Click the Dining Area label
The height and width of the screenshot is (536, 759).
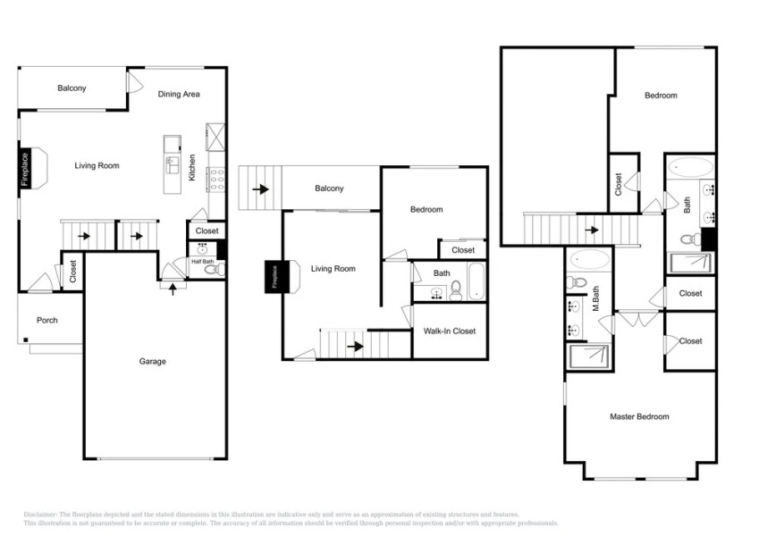pos(179,94)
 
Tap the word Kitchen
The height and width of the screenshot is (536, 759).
pos(192,167)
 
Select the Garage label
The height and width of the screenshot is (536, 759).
pos(153,362)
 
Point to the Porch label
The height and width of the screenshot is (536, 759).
pos(46,321)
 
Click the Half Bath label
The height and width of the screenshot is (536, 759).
pos(201,262)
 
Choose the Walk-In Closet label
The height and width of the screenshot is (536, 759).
pos(450,331)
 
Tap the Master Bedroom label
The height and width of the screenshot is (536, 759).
pos(639,416)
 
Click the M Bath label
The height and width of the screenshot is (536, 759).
pos(594,304)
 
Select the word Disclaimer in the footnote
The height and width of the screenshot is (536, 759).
pos(39,515)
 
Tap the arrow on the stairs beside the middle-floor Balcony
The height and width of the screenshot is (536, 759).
pos(261,189)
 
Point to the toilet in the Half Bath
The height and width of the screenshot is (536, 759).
pos(211,270)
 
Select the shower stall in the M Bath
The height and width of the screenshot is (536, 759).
pos(589,356)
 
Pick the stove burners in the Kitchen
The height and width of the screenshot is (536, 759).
pos(215,180)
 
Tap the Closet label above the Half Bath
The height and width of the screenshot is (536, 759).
pos(207,230)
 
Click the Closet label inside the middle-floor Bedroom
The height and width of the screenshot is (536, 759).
pos(463,250)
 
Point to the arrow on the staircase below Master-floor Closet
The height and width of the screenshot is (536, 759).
pos(591,229)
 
